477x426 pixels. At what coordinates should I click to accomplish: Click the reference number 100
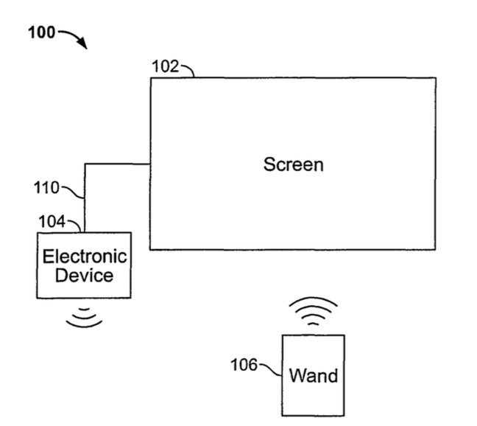tap(41, 33)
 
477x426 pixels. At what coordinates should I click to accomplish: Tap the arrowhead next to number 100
tap(83, 46)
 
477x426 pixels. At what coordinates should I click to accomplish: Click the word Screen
tap(293, 164)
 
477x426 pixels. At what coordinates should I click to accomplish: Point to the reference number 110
tap(46, 188)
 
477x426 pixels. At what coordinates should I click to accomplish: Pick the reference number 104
tap(51, 221)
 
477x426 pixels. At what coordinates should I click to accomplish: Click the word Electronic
tap(84, 257)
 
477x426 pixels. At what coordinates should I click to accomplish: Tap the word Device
tap(84, 276)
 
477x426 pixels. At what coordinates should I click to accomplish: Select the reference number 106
tap(244, 364)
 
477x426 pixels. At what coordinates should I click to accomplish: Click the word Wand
tap(314, 376)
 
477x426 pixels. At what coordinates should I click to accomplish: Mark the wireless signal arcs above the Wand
tap(313, 311)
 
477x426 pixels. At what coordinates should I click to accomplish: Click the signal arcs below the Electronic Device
tap(84, 316)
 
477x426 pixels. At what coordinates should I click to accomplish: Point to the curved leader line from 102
tap(187, 69)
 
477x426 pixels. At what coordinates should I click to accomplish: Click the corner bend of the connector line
tap(85, 164)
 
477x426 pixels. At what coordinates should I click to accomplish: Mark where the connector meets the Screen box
tap(151, 164)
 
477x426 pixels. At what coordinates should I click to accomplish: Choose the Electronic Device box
tap(84, 287)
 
